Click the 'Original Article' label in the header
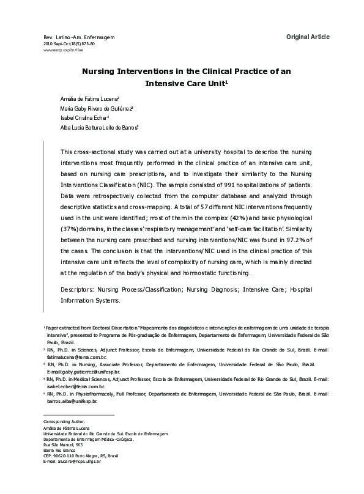coord(308,37)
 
